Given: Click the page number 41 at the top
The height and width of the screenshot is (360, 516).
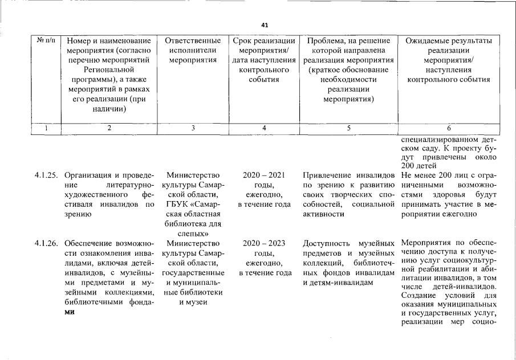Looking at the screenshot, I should [x=264, y=25].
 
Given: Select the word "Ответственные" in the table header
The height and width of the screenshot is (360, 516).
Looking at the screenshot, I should [x=193, y=41].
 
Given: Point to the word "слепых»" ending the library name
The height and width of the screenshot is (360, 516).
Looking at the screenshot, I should [x=193, y=234].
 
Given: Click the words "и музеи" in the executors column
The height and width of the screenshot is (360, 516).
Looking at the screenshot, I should [x=193, y=302].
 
